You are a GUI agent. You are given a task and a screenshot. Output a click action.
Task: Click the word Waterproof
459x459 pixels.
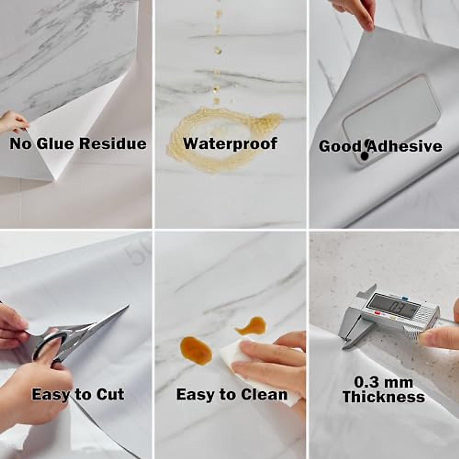click(230, 144)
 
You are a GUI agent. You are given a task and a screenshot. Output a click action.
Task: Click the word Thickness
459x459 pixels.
click(384, 397)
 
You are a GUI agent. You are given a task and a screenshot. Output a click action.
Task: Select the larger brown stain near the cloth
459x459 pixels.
click(195, 350)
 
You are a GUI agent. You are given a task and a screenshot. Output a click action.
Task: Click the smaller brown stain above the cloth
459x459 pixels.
click(251, 326)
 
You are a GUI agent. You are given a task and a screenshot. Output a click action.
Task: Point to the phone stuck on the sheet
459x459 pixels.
click(390, 119)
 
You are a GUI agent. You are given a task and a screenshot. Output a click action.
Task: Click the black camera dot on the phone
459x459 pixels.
click(365, 156)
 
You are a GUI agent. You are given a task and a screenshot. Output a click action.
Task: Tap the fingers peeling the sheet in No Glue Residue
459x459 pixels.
click(13, 122)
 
